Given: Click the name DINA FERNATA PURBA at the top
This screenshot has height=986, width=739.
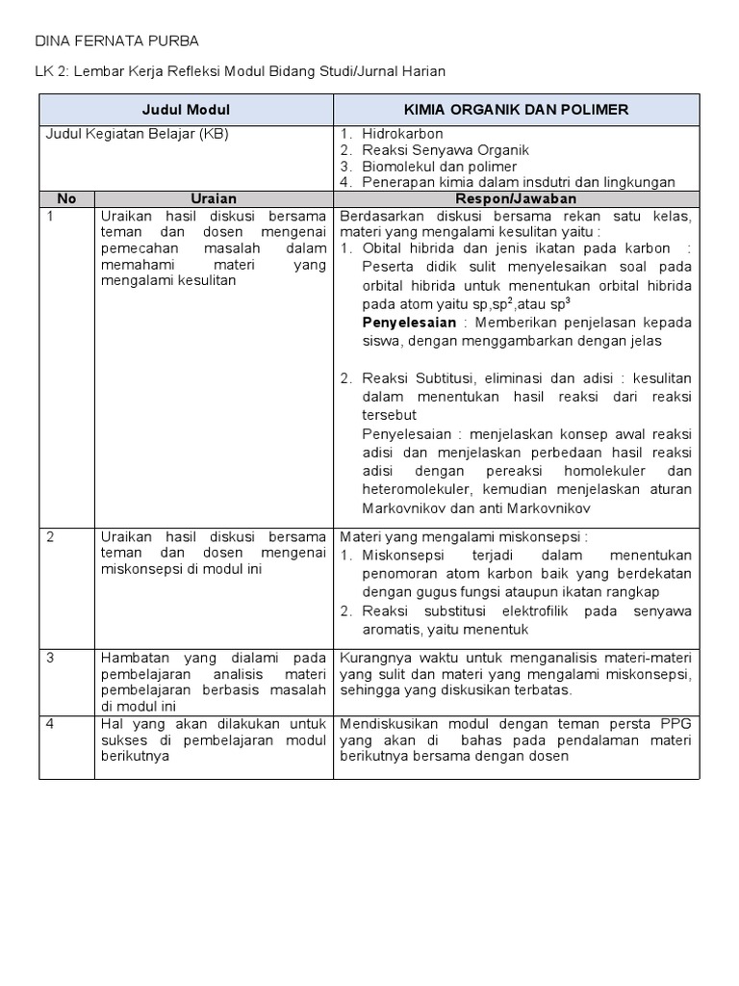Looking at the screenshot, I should [x=116, y=41].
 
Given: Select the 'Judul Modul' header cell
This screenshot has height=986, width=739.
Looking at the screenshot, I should [x=186, y=110].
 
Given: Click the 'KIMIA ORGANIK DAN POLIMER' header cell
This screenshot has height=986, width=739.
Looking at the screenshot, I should [x=516, y=110].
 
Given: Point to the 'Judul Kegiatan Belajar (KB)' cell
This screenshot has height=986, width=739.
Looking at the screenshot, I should [x=138, y=134].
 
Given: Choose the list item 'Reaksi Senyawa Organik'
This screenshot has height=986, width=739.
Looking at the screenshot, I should [x=446, y=150].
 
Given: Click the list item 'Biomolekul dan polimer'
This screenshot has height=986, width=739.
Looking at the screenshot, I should [x=439, y=167].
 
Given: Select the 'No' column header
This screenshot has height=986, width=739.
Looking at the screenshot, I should [x=66, y=198].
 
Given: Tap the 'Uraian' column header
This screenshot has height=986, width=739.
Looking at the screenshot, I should [x=214, y=198].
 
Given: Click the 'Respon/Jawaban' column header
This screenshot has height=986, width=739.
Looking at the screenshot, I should [x=516, y=198].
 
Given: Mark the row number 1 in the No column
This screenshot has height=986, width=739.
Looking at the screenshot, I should [x=50, y=216].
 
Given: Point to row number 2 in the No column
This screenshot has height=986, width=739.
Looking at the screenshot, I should [x=50, y=536].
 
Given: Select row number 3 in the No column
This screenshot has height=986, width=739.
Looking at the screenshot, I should [x=50, y=657].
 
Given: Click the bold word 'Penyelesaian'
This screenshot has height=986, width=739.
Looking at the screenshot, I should [x=409, y=322].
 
